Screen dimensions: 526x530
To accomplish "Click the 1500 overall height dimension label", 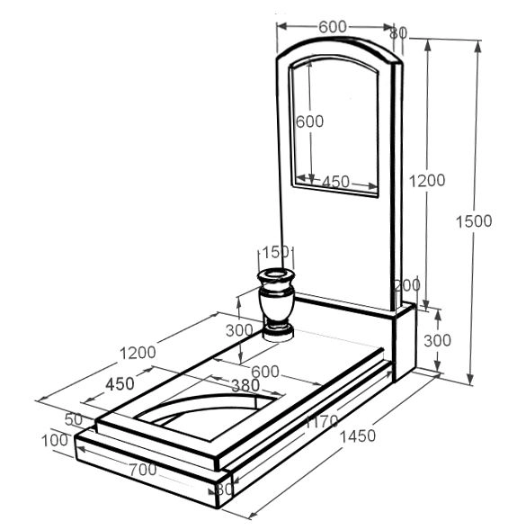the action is [474, 221].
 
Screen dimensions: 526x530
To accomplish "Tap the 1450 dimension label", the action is [358, 436].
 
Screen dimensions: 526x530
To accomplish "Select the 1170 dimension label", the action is [322, 421].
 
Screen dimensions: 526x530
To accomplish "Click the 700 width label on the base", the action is [143, 470].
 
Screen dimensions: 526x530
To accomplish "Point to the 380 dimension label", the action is [245, 385].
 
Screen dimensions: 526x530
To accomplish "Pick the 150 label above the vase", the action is [276, 252].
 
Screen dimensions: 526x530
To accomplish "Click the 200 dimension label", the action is [407, 285].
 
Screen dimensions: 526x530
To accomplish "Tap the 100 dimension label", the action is [55, 440].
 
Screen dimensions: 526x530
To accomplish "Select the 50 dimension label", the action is [74, 419].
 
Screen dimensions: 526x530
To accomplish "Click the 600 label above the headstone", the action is [333, 27].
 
